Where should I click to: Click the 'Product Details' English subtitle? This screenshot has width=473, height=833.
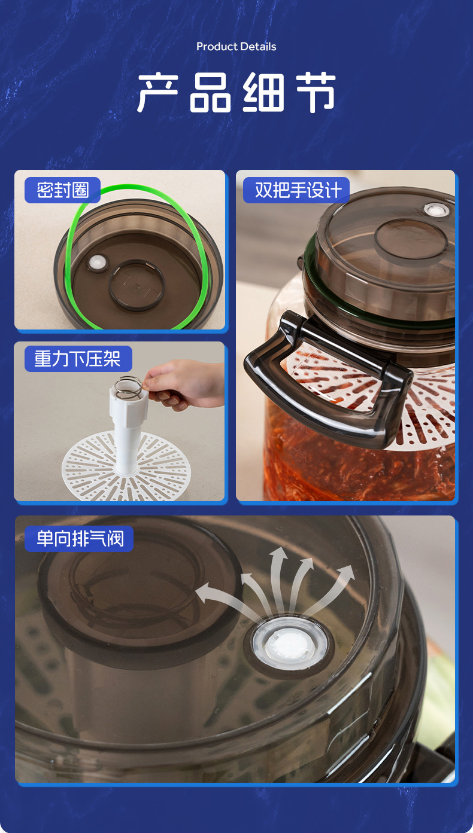[236, 47]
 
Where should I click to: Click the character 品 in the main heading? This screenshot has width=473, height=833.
[210, 93]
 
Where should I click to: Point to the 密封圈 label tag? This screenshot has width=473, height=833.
[62, 190]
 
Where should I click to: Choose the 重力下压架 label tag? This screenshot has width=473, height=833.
[78, 359]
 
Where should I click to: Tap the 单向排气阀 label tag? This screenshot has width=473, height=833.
[80, 539]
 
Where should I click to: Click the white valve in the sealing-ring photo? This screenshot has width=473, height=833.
[95, 263]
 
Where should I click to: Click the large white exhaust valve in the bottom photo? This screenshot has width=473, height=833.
[290, 645]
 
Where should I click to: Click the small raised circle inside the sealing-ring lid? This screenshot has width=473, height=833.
[136, 285]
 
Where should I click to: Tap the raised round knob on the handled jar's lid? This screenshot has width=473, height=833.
[410, 239]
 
